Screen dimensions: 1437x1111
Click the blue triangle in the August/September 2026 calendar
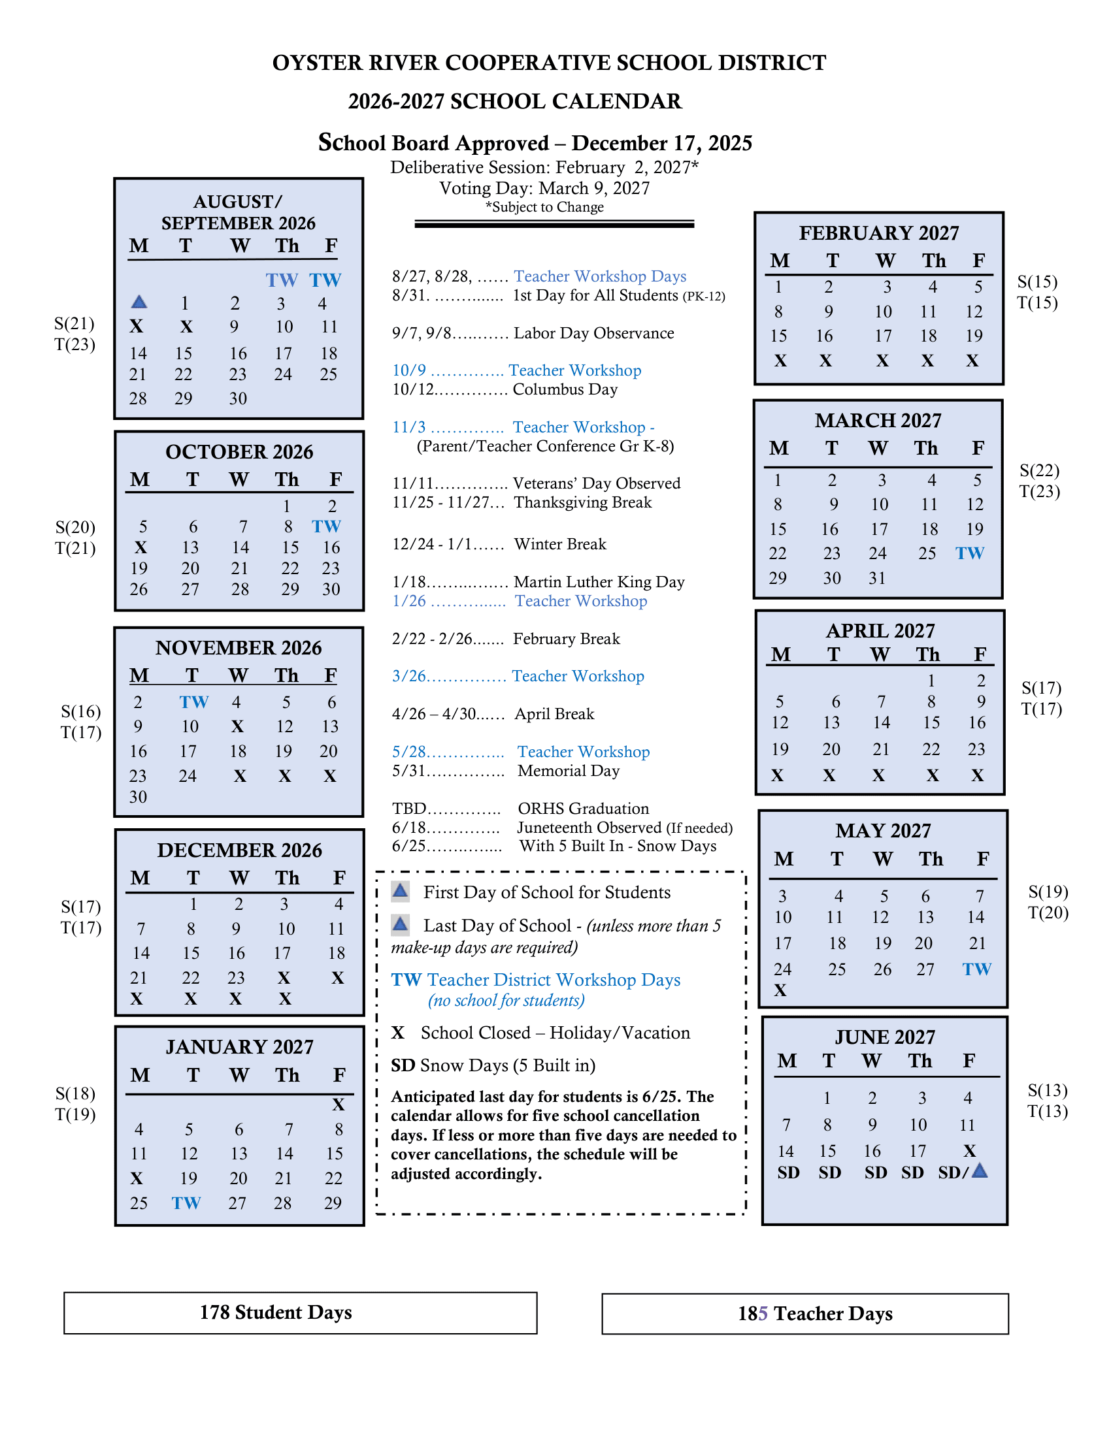tap(139, 302)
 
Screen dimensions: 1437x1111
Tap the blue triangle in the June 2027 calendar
tap(980, 1171)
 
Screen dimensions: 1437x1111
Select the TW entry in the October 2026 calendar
tap(327, 526)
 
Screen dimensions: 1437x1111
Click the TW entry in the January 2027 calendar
tap(186, 1203)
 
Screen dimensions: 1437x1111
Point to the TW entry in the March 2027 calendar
tap(970, 553)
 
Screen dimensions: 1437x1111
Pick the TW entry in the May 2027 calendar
tap(977, 969)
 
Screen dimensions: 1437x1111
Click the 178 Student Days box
tap(300, 1313)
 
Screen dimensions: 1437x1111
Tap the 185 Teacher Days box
tap(804, 1314)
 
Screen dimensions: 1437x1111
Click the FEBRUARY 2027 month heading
tap(878, 233)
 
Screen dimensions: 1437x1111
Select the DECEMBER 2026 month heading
tap(240, 850)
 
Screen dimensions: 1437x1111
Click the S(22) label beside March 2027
tap(1039, 470)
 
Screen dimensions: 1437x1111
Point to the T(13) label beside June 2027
tap(1047, 1111)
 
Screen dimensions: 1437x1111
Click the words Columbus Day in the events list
tap(565, 389)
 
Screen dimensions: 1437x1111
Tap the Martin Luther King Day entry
tap(599, 582)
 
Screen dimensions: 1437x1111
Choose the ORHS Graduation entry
tap(583, 809)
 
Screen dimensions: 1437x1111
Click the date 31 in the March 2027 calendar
tap(876, 578)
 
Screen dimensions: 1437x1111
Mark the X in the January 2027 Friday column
tap(339, 1105)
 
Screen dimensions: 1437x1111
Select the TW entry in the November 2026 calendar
tap(194, 702)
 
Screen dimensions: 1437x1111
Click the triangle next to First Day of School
tap(400, 892)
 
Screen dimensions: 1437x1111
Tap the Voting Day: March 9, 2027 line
tap(544, 189)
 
